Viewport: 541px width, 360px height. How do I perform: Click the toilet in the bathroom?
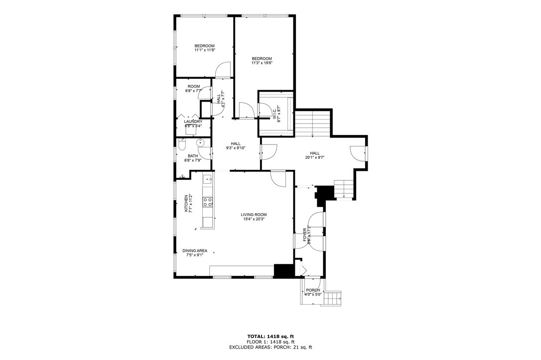(182, 145)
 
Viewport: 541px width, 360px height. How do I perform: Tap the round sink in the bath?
(201, 143)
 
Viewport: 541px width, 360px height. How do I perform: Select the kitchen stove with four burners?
(207, 202)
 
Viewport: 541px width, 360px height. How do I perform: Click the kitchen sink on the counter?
(207, 178)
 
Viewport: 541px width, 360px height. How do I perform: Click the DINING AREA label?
(195, 251)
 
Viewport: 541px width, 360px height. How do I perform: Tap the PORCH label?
(313, 290)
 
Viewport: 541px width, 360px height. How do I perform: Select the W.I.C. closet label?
(273, 114)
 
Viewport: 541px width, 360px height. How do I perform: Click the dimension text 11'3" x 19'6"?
(262, 63)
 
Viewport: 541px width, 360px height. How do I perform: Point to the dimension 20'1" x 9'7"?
(315, 158)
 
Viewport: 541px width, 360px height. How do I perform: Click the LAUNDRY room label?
(193, 121)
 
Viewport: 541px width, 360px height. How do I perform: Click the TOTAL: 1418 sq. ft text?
(271, 336)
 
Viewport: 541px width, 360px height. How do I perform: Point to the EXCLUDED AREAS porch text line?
(271, 348)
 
